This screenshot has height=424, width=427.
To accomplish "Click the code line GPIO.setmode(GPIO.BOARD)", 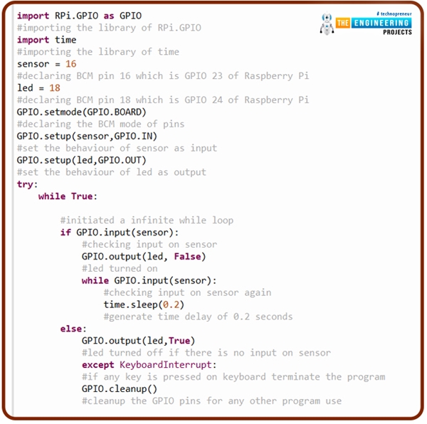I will pyautogui.click(x=81, y=112).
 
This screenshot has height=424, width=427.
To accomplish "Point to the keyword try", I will pyautogui.click(x=27, y=184).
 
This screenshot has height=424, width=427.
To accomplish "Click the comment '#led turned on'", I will pyautogui.click(x=120, y=268).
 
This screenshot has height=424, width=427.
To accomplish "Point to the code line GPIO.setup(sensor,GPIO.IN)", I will pyautogui.click(x=87, y=136).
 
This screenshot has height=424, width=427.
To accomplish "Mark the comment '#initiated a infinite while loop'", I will pyautogui.click(x=147, y=221).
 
